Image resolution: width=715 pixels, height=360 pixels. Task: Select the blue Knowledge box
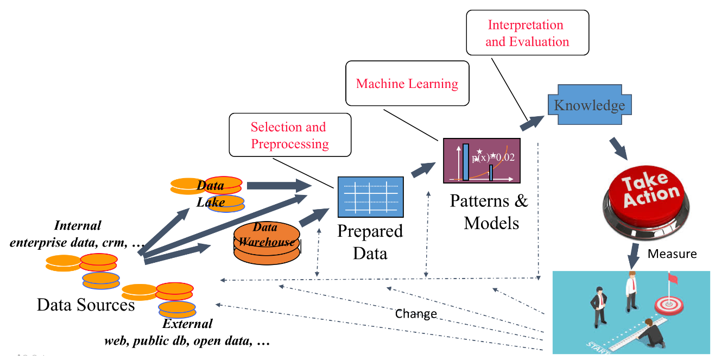click(589, 105)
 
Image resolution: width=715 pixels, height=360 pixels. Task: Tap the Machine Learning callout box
click(407, 84)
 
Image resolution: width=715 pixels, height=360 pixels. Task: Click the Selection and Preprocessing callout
click(290, 135)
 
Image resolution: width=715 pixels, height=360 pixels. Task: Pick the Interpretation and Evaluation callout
click(527, 33)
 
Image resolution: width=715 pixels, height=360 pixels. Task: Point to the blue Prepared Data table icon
click(370, 197)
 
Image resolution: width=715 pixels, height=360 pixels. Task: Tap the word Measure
click(672, 254)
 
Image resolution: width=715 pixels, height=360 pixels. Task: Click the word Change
click(416, 314)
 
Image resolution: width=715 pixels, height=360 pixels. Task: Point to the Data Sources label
click(86, 305)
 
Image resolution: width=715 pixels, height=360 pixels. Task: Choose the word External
click(187, 324)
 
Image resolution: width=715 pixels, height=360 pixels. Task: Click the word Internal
click(78, 225)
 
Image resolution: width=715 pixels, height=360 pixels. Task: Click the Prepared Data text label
click(370, 242)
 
